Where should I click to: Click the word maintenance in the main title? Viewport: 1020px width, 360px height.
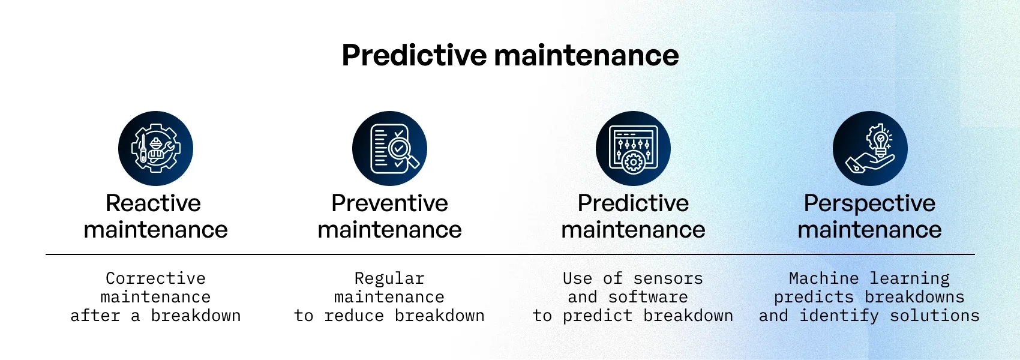tap(587, 55)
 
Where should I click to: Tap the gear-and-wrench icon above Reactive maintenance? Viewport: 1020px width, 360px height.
tap(156, 148)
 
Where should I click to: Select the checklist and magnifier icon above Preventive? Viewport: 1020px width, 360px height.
tap(390, 148)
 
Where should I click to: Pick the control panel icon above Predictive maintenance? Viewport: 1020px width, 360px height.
tap(633, 148)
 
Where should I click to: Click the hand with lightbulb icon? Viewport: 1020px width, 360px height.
tap(870, 148)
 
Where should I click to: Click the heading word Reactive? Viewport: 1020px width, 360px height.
tap(154, 203)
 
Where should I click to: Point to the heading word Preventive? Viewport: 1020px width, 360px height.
tap(390, 203)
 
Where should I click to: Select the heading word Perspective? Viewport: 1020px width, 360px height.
tap(870, 203)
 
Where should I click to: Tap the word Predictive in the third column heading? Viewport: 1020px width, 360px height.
tap(634, 203)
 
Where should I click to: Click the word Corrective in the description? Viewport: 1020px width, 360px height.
tap(156, 278)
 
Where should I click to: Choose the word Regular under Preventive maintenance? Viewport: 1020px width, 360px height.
tap(389, 278)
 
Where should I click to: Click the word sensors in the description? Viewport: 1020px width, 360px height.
tap(668, 278)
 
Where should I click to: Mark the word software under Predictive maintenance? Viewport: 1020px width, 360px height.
tap(648, 297)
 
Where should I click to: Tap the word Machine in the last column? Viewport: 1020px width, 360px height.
tap(824, 278)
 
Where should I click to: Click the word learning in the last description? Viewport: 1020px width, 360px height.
tap(910, 278)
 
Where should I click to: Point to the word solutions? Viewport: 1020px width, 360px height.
tap(935, 316)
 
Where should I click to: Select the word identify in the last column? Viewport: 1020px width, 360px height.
tap(839, 316)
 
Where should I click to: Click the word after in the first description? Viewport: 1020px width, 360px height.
tap(95, 316)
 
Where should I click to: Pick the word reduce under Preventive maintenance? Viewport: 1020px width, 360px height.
tap(354, 316)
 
